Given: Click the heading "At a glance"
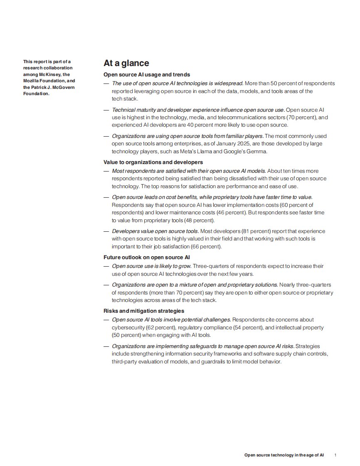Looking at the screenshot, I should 126,63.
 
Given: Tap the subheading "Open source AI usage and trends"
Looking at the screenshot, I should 147,75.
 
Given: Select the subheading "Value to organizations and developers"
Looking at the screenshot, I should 153,162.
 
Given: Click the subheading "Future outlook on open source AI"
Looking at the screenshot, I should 147,258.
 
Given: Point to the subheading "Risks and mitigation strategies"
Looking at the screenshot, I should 144,311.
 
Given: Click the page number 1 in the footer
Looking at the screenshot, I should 335,455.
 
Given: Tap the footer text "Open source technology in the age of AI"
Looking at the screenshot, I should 284,455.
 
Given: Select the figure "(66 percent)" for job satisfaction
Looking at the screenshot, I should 206,247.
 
